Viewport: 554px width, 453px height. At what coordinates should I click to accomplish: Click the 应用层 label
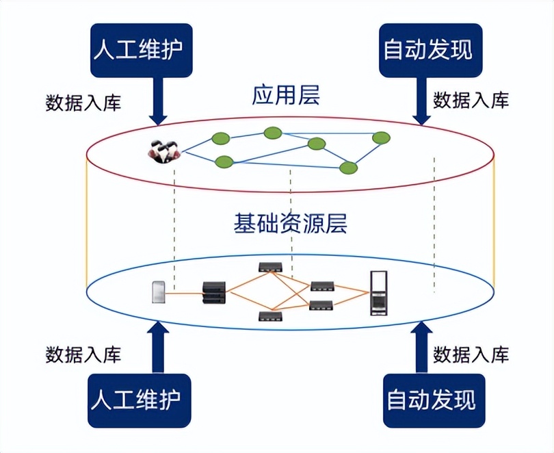[286, 96]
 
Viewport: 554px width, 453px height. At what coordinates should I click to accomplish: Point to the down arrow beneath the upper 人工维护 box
[159, 101]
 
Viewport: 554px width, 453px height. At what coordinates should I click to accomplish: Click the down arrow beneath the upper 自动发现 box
[422, 101]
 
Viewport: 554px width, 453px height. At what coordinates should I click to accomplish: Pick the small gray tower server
[157, 292]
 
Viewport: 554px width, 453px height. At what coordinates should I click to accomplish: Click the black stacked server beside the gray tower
[213, 294]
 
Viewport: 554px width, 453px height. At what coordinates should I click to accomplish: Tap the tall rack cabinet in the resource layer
[378, 293]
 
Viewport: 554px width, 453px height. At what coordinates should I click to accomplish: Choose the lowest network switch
[270, 316]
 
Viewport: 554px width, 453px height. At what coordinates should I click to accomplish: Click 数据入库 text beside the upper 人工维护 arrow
[83, 103]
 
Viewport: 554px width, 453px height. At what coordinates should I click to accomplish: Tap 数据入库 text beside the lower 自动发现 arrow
[471, 355]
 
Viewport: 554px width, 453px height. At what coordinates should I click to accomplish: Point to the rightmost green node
[381, 138]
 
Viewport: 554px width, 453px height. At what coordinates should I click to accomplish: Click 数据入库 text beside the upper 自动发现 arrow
[471, 101]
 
